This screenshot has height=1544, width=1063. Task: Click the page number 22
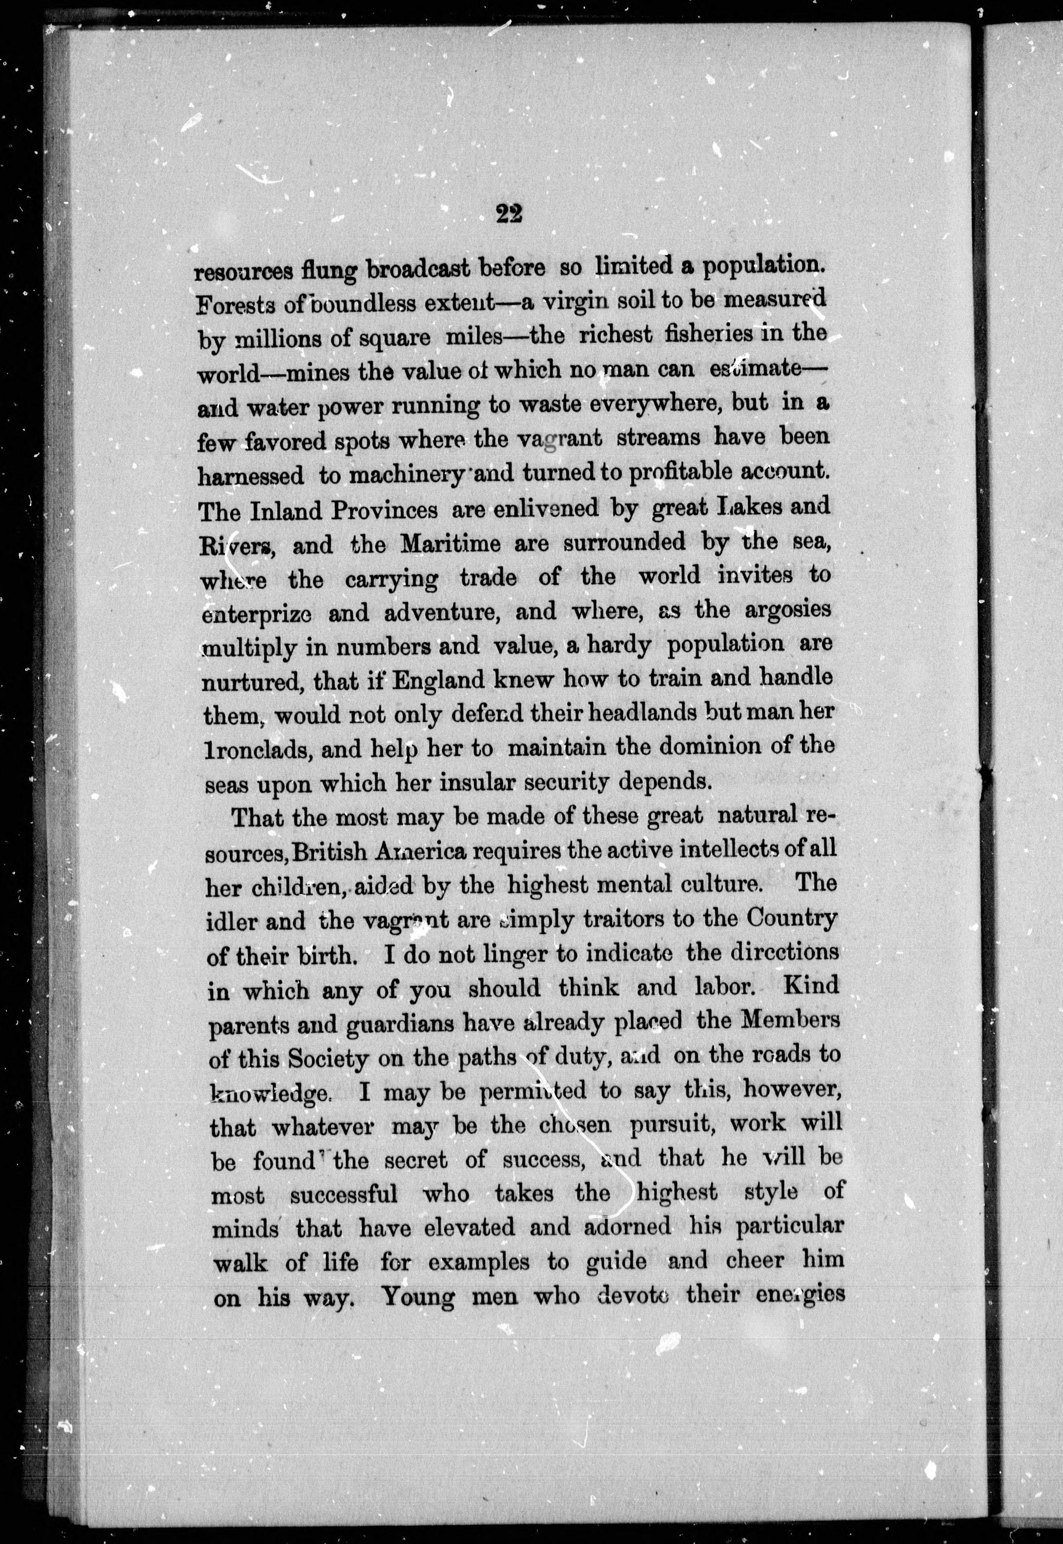509,216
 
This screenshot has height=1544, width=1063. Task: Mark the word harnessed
251,476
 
